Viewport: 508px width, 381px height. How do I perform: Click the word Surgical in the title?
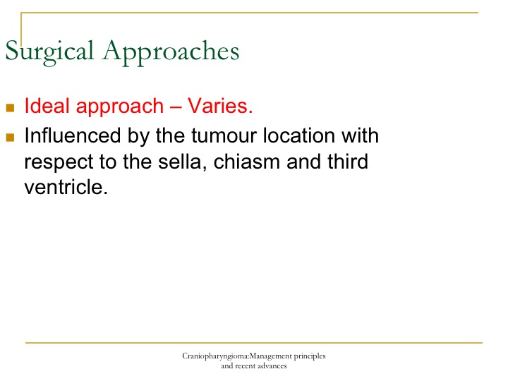click(x=49, y=52)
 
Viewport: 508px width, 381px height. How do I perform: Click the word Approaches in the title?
click(x=171, y=52)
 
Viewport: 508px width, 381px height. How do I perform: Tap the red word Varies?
click(x=220, y=106)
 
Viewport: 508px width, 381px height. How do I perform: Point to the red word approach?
click(x=120, y=107)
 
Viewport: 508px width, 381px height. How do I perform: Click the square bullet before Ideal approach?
click(x=10, y=107)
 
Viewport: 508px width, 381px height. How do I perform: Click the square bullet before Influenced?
click(x=10, y=138)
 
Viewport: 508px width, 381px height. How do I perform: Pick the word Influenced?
click(x=73, y=135)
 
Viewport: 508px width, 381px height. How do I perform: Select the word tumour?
click(x=224, y=135)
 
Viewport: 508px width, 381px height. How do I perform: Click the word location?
click(x=298, y=135)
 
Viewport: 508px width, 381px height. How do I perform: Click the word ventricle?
click(x=66, y=187)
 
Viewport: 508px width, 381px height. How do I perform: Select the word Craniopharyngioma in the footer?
click(x=215, y=357)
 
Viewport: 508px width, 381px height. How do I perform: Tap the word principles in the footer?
click(x=310, y=357)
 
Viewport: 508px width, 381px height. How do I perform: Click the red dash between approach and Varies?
click(x=176, y=107)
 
